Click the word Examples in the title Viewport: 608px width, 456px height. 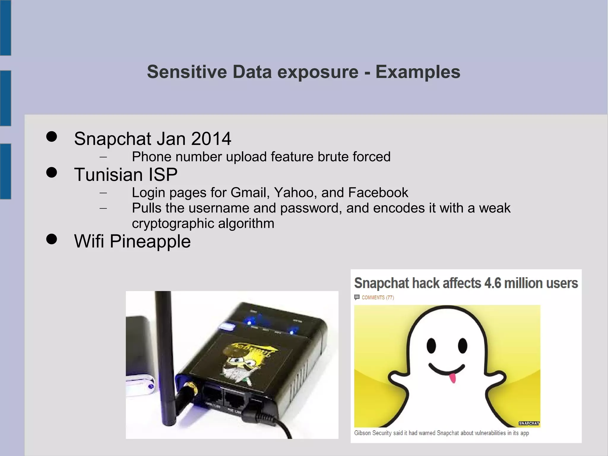(418, 72)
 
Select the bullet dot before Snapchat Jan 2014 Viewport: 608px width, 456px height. (52, 137)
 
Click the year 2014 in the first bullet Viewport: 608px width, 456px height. (211, 139)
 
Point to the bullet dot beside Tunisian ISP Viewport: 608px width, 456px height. (52, 172)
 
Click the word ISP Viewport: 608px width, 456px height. (163, 175)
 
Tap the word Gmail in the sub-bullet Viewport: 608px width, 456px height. (250, 193)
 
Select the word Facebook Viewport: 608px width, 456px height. (378, 193)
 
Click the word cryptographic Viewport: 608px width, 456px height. (173, 224)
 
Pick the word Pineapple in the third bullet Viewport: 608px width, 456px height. (150, 241)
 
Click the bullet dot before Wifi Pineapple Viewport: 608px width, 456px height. (52, 239)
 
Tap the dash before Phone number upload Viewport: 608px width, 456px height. (103, 157)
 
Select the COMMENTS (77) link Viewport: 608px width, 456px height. (377, 297)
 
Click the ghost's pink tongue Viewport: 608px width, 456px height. (452, 378)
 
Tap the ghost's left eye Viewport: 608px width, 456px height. (431, 345)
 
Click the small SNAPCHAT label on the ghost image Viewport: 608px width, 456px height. (529, 423)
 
